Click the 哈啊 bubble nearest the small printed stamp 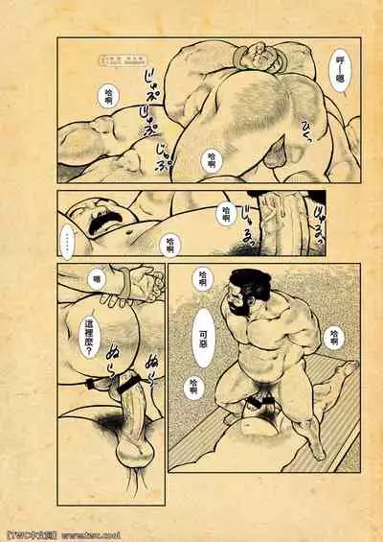[x=111, y=94]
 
